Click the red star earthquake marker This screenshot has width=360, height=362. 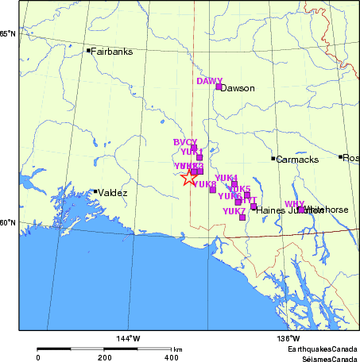pos(188,177)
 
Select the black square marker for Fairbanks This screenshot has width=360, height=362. pos(88,50)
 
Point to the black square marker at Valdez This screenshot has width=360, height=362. pos(95,191)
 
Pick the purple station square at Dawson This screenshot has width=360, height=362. pos(219,86)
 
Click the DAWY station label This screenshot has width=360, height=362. pos(210,81)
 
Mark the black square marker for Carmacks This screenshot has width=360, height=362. pos(273,158)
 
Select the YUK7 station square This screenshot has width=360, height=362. pos(242,217)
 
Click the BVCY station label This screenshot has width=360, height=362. pos(185,142)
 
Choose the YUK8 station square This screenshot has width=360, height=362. pos(212,189)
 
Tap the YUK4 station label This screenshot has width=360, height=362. pos(226,177)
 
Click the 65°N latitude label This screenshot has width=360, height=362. pos(8,34)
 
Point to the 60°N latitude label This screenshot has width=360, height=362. pos(8,222)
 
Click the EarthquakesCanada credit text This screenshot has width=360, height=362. pos(322,349)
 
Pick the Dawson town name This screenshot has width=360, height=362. pos(238,88)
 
